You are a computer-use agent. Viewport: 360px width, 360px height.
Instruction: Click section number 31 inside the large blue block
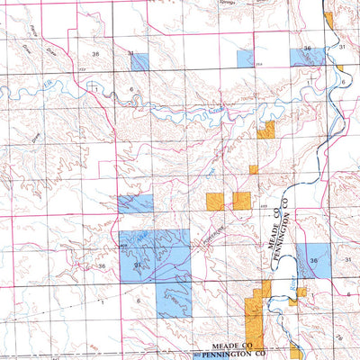(138, 265)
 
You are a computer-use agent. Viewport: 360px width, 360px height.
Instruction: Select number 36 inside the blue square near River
(312, 260)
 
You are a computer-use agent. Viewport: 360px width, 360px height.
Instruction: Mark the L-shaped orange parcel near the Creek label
(265, 131)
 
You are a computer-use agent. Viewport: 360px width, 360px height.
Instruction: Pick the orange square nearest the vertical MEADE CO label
(241, 201)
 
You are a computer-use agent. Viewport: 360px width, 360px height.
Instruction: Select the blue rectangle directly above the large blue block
(135, 203)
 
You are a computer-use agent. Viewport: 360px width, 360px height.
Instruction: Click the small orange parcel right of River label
(303, 290)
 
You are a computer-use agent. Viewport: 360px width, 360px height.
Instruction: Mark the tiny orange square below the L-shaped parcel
(253, 169)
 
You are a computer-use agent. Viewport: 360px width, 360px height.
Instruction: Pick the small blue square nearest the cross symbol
(138, 61)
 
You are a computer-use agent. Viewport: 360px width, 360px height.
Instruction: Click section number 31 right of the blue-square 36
(346, 259)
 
